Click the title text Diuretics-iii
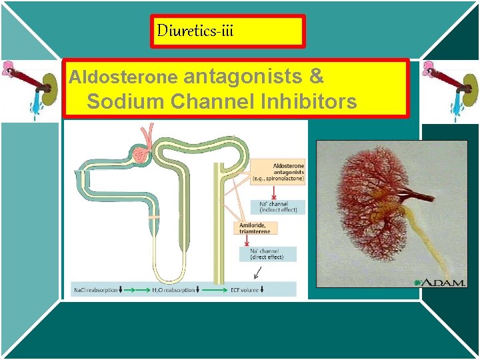[195, 31]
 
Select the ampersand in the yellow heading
[317, 77]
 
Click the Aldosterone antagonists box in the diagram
[278, 173]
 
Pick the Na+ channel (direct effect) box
[267, 254]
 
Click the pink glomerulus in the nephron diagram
[142, 155]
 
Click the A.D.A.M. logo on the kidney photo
[441, 282]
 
